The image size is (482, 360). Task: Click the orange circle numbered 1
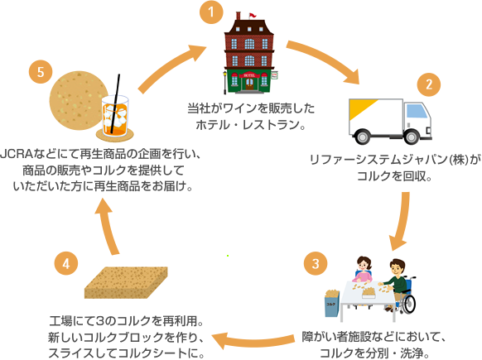coord(211,12)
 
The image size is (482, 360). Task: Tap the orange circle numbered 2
coord(429,84)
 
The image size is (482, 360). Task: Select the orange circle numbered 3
coord(316,263)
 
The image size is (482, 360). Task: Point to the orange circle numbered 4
coord(66,263)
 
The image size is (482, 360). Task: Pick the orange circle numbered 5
coord(41,72)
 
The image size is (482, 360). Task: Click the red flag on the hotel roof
coord(253,15)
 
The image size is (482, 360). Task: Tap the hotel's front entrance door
coord(249,84)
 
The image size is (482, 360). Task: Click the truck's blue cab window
coord(417,111)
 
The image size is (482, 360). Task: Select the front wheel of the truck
coord(411,137)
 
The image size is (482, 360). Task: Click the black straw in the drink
coord(115,103)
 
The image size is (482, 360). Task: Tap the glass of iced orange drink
coord(114,116)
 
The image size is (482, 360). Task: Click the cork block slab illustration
coord(126,282)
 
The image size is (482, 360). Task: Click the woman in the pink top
coord(363,270)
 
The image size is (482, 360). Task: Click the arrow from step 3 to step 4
coord(252,340)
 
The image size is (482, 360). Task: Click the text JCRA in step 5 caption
coord(17,154)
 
